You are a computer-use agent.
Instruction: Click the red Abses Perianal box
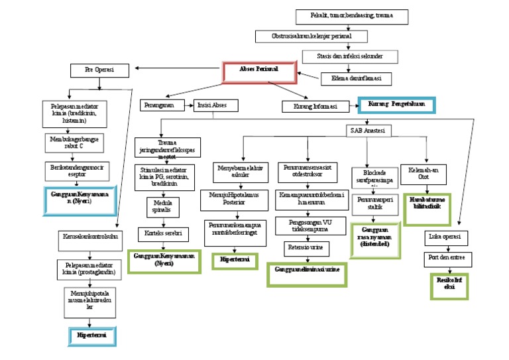tap(258, 71)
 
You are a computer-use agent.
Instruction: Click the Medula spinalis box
tap(163, 207)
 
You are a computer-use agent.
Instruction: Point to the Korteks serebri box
tap(163, 234)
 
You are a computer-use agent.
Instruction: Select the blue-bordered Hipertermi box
tap(92, 336)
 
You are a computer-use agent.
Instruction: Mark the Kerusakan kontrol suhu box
tap(92, 236)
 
